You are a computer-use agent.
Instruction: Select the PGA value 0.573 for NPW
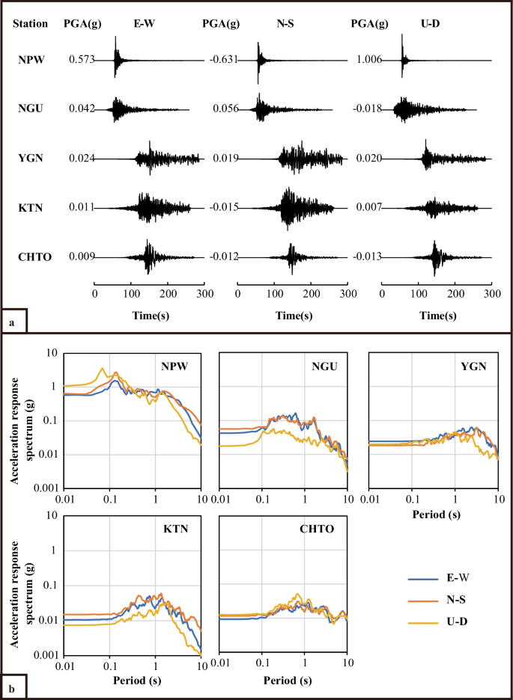pyautogui.click(x=81, y=60)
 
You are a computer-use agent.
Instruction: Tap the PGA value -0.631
pyautogui.click(x=224, y=60)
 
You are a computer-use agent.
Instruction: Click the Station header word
pyautogui.click(x=31, y=23)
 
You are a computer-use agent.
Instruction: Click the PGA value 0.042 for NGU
pyautogui.click(x=81, y=109)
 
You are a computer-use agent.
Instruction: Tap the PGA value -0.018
pyautogui.click(x=368, y=109)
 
